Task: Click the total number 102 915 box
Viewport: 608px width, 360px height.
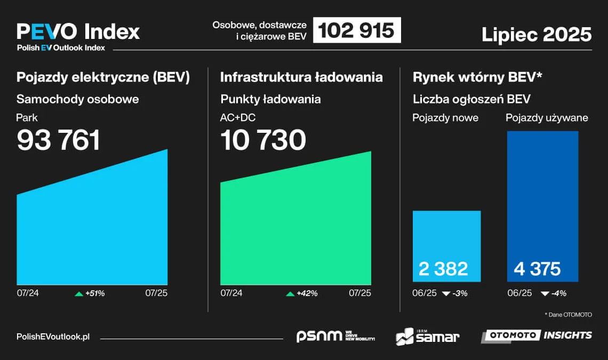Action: click(x=357, y=30)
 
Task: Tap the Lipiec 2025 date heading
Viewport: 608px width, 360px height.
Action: click(x=537, y=34)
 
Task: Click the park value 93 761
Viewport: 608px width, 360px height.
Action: click(x=59, y=140)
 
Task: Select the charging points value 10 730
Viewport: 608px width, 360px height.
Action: click(x=263, y=140)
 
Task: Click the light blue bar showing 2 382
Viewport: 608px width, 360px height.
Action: click(x=447, y=246)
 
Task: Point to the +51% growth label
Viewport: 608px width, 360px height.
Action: click(x=95, y=293)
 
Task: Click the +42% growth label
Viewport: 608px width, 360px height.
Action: click(x=307, y=293)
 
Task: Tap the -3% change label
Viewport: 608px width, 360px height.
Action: click(x=459, y=293)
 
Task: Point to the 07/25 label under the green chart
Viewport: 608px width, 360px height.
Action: click(x=360, y=293)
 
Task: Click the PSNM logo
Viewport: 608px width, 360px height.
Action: click(x=335, y=336)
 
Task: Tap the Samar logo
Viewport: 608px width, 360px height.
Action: click(x=427, y=337)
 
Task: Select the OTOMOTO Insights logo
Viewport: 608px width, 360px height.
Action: click(x=537, y=335)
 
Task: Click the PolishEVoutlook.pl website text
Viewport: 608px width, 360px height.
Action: click(x=53, y=337)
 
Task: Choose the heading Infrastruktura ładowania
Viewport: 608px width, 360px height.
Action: click(x=301, y=77)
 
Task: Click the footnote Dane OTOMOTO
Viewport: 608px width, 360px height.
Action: click(x=568, y=315)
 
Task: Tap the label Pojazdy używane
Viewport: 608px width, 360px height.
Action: click(x=547, y=117)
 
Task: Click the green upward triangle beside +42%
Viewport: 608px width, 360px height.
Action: click(x=290, y=294)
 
